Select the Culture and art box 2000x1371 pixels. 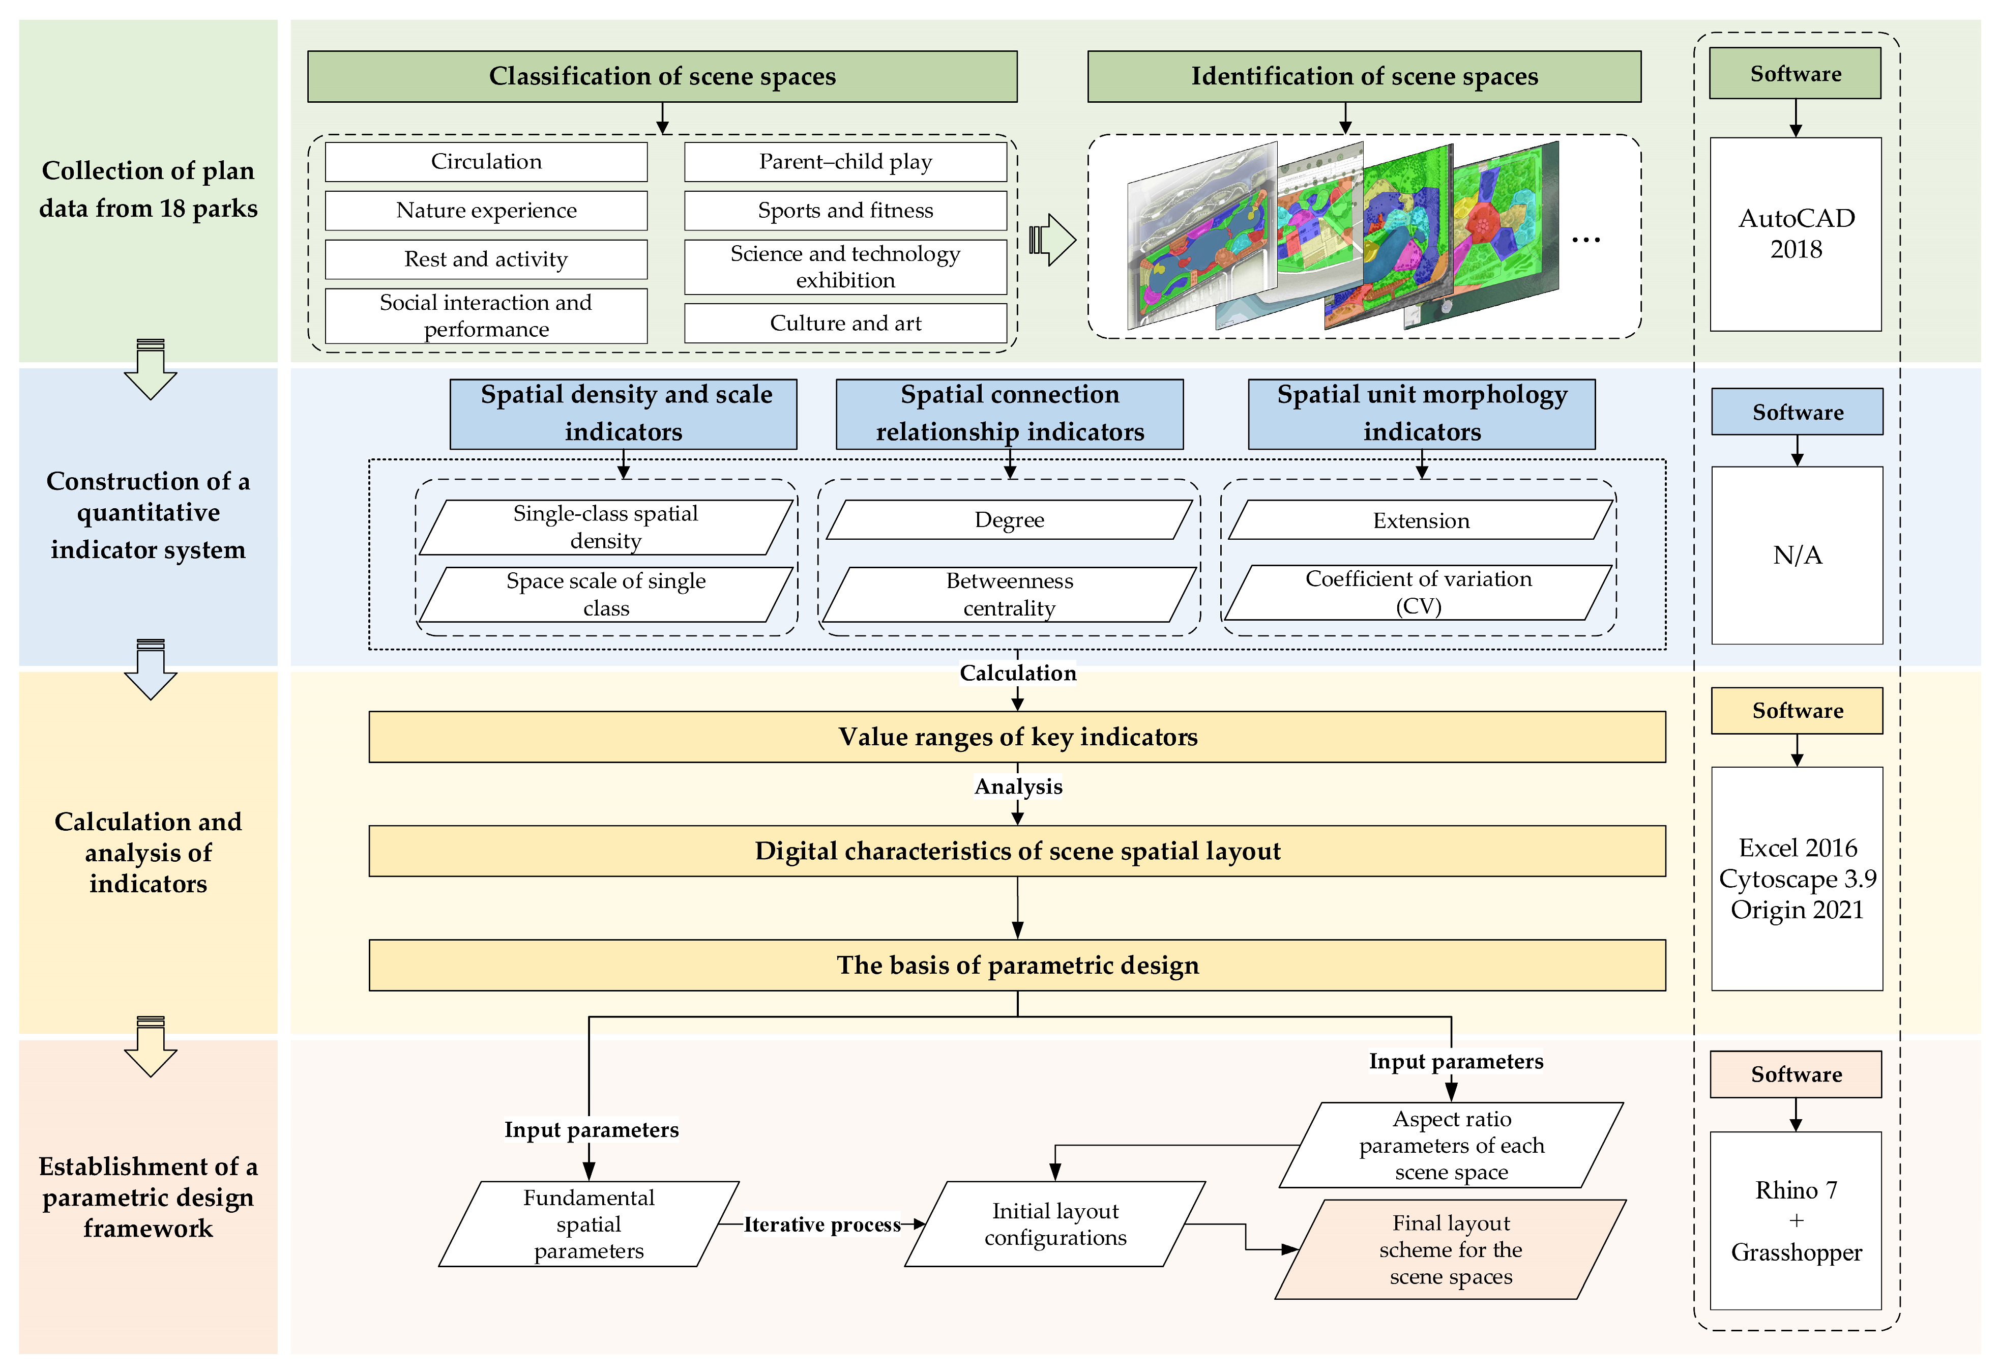(x=844, y=324)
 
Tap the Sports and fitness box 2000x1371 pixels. (x=844, y=211)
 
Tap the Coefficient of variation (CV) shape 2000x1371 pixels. (x=1418, y=592)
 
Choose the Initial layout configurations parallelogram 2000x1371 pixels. (x=1054, y=1224)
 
